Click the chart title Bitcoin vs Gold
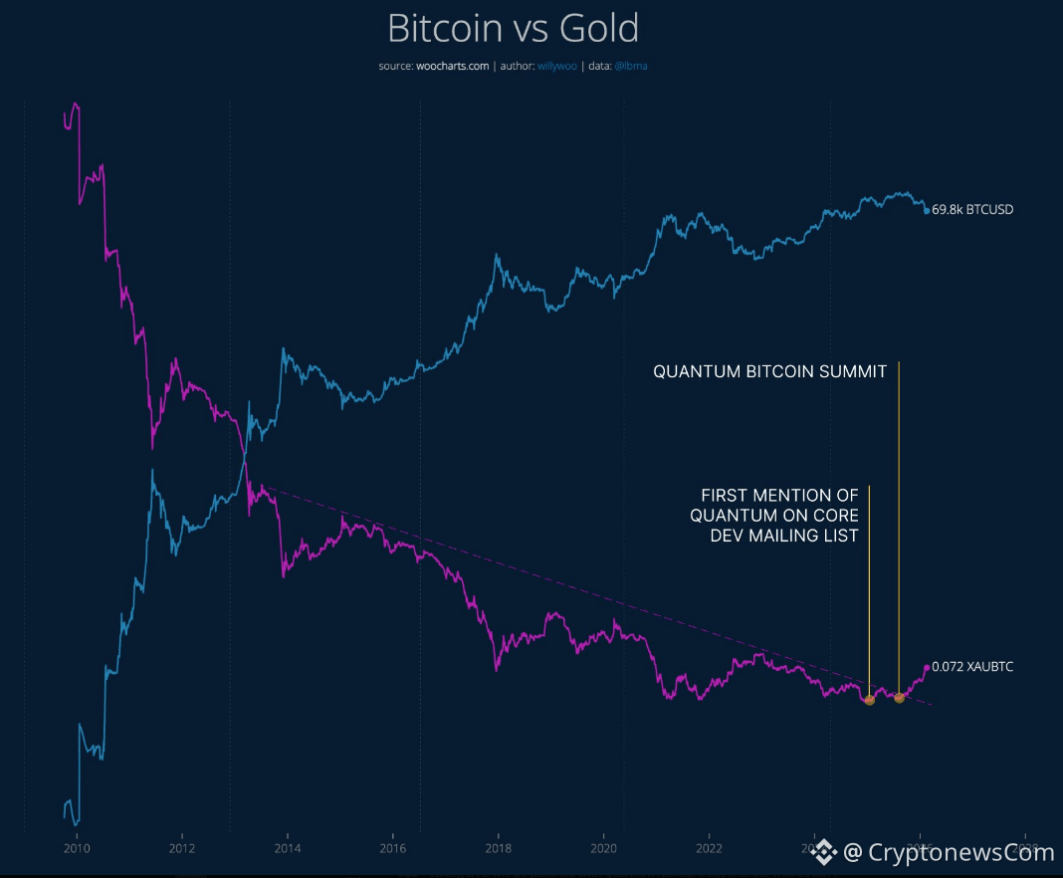(x=513, y=29)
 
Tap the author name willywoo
(x=557, y=66)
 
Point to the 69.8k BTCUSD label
(x=972, y=210)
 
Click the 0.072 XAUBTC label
(x=972, y=667)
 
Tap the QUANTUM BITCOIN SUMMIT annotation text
(x=769, y=371)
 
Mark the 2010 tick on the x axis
(x=77, y=849)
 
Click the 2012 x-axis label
(x=182, y=849)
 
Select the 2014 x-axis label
(x=288, y=849)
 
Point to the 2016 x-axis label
(x=393, y=849)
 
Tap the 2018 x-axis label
(x=499, y=849)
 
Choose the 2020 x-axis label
(x=604, y=849)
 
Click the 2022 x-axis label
(x=709, y=849)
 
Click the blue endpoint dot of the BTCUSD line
(x=927, y=210)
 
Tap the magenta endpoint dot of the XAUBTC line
(x=927, y=667)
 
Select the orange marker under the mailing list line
(x=869, y=701)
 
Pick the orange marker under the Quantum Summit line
(x=899, y=698)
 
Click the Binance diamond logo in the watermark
(x=824, y=851)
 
